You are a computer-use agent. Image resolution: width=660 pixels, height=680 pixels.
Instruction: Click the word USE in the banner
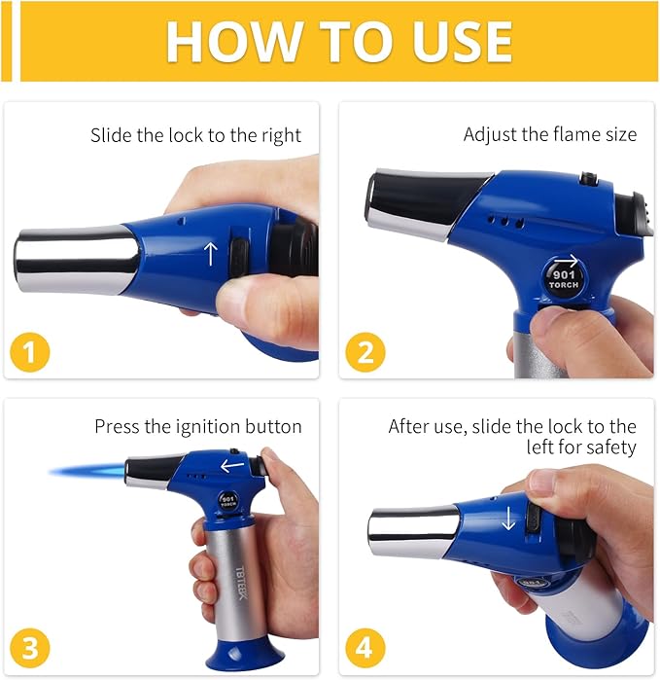coord(462,41)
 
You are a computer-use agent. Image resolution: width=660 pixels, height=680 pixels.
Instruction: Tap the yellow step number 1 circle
coord(30,352)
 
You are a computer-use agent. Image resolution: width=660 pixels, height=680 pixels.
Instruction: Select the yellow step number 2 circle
coord(365,352)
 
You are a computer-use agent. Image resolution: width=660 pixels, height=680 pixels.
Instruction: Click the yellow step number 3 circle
coord(30,648)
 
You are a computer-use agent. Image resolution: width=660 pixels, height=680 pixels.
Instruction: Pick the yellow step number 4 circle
coord(365,648)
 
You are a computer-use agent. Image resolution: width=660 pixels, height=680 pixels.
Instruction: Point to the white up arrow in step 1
coord(211,254)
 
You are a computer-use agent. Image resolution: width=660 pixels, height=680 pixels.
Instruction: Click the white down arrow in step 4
coord(508,518)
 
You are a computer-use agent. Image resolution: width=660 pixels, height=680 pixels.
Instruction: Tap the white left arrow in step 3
coord(232,466)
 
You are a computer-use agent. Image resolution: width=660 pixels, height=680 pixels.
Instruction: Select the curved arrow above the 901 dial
coord(567,261)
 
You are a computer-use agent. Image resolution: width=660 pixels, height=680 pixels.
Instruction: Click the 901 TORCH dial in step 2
coord(564,278)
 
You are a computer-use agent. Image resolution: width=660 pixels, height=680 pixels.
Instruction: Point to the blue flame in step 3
coord(87,471)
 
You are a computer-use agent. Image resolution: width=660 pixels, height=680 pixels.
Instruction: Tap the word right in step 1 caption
coord(281,136)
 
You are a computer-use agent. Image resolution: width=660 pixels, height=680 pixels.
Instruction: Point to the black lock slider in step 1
coord(239,257)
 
